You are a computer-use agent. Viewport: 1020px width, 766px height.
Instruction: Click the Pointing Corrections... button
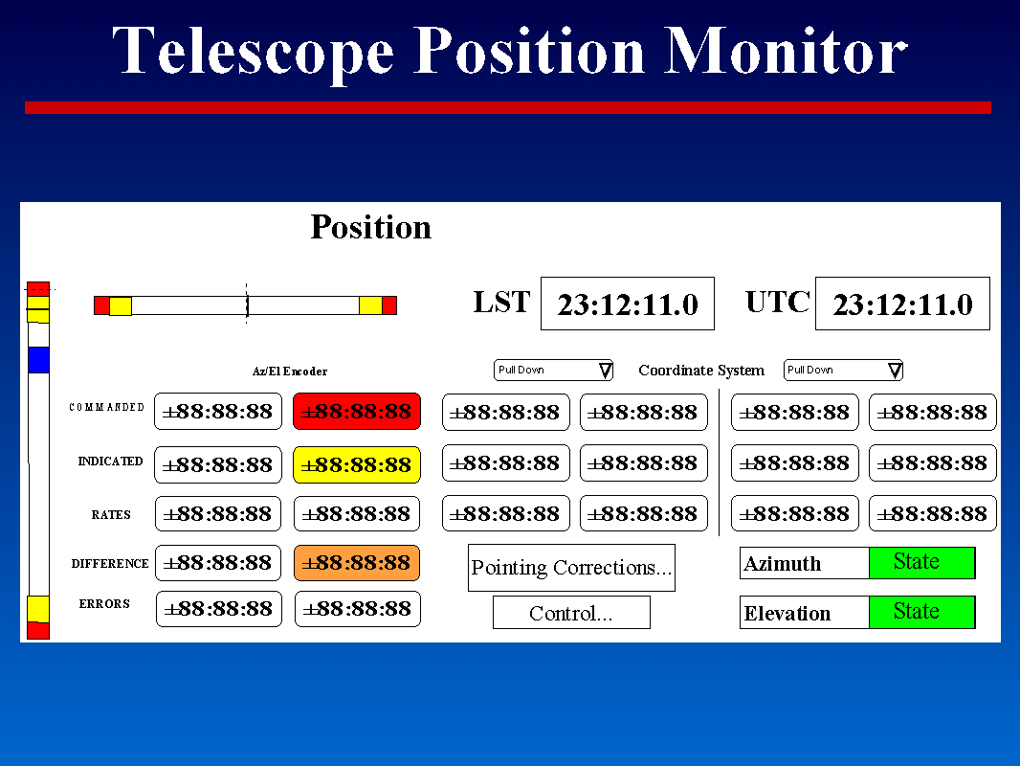click(571, 568)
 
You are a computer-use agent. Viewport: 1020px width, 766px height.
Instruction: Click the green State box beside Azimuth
click(921, 562)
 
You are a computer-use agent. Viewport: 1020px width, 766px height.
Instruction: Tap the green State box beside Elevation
click(921, 612)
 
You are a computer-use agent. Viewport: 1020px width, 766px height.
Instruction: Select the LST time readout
click(627, 304)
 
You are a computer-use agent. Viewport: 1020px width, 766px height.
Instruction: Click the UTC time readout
click(902, 304)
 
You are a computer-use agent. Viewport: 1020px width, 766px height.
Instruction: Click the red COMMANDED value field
click(357, 412)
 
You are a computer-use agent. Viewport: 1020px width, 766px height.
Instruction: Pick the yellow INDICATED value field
click(357, 464)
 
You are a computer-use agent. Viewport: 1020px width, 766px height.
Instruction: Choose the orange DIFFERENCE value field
click(357, 563)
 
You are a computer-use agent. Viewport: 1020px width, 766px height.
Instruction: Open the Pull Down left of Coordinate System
click(554, 370)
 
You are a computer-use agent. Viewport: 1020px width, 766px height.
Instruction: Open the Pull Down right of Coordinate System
click(843, 370)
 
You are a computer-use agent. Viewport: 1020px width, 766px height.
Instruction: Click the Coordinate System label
click(701, 371)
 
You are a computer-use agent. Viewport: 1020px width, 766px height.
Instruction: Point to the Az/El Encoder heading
click(290, 372)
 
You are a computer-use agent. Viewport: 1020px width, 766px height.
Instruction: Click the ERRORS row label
click(104, 604)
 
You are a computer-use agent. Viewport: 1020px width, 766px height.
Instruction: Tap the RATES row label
click(111, 515)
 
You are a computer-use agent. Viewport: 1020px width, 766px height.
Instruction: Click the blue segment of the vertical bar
click(38, 360)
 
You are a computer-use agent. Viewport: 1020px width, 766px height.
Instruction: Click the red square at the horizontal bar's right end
click(389, 305)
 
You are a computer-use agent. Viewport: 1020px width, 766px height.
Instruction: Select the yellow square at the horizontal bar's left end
click(121, 305)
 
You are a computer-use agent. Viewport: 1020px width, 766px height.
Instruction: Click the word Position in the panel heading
click(371, 227)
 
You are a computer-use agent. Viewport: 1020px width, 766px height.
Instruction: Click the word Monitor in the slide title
click(785, 51)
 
